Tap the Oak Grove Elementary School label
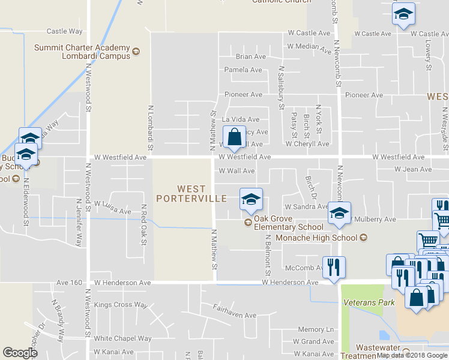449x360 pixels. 288,223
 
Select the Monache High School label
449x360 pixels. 316,238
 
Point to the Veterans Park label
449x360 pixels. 369,302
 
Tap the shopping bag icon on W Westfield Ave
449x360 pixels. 234,139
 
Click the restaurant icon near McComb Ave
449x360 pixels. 334,266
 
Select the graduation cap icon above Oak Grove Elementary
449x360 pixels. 250,200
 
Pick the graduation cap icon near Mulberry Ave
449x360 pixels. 339,215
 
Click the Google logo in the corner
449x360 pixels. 20,353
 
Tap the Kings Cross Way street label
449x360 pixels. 121,305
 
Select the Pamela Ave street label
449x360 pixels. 243,70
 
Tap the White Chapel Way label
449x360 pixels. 123,338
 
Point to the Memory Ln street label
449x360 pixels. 316,329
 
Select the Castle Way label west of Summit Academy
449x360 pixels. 64,31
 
